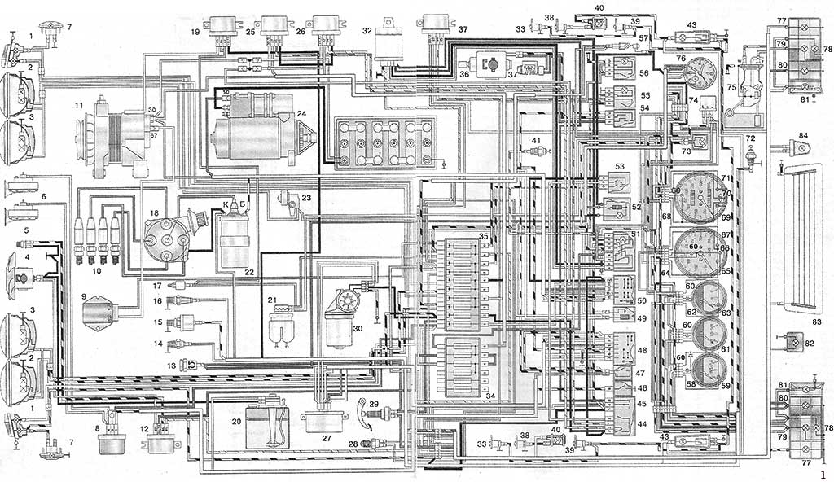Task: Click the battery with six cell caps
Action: pos(384,142)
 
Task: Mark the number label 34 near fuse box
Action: pos(490,396)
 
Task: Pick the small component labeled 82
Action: pos(791,343)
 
